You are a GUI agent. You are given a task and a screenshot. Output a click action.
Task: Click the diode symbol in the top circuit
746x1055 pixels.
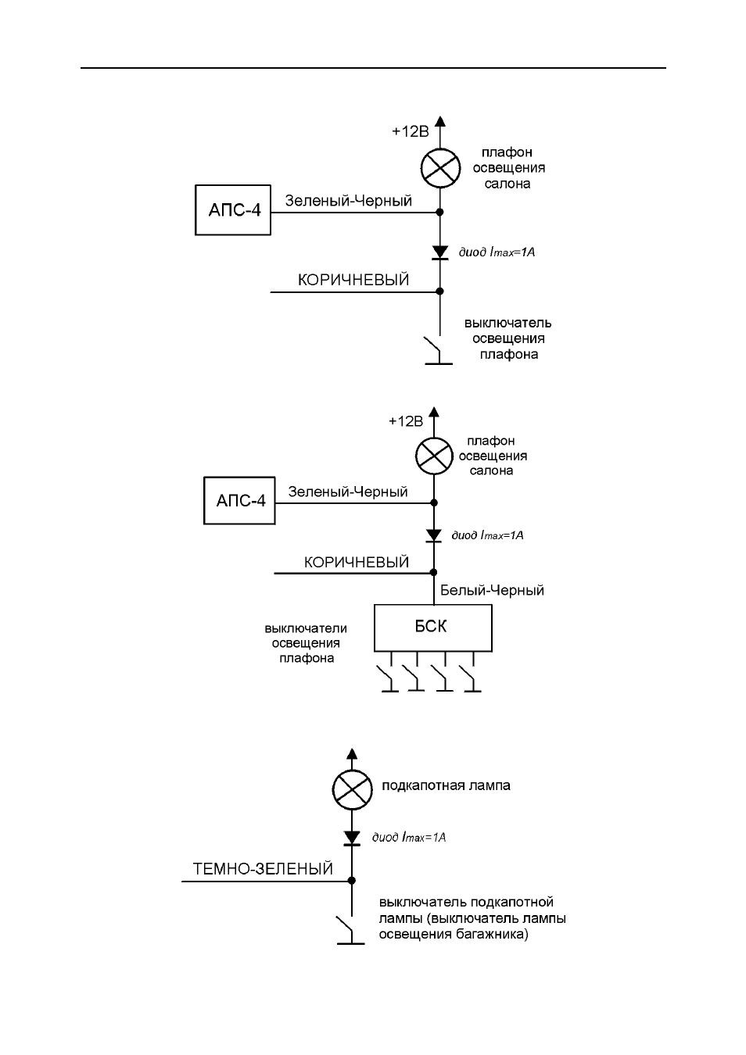point(440,252)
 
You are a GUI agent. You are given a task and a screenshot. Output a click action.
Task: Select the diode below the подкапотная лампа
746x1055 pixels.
point(352,838)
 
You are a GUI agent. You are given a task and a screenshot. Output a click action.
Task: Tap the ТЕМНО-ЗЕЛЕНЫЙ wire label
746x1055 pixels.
point(263,868)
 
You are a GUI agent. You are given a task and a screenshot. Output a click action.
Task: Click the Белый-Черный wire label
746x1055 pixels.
point(492,590)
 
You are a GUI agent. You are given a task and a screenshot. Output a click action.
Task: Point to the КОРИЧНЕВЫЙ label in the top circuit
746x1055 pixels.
point(353,280)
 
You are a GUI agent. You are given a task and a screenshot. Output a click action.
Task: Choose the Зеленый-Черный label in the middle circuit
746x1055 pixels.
point(348,492)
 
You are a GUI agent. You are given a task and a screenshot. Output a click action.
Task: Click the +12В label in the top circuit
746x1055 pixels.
point(410,131)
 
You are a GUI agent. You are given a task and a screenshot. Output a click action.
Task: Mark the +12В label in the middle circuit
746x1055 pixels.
point(405,421)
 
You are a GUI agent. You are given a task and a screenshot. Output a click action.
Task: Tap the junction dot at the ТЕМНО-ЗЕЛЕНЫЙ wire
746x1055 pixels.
point(352,880)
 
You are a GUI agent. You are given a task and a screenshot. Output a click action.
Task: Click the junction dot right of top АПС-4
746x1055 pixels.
point(440,212)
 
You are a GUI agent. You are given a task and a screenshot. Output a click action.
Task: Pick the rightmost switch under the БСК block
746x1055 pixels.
point(472,678)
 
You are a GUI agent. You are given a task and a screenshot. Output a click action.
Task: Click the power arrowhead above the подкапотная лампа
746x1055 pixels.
point(352,753)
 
